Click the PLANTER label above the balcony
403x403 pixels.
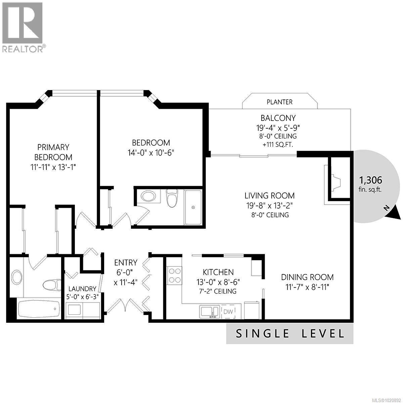[x=279, y=102]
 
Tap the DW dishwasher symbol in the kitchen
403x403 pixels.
[x=228, y=312]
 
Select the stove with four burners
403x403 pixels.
[x=174, y=275]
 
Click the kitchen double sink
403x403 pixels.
[x=210, y=311]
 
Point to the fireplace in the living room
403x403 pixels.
[x=336, y=182]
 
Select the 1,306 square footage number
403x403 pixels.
[x=370, y=180]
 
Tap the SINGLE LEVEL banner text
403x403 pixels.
[x=290, y=333]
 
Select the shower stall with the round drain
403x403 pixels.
[x=193, y=208]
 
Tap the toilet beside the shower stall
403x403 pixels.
[x=172, y=197]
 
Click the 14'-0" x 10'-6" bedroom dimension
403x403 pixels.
[x=151, y=152]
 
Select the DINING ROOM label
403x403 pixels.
[x=307, y=277]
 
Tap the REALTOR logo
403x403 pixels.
[x=23, y=27]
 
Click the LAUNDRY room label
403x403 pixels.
[x=82, y=289]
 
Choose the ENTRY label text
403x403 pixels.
[x=126, y=262]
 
